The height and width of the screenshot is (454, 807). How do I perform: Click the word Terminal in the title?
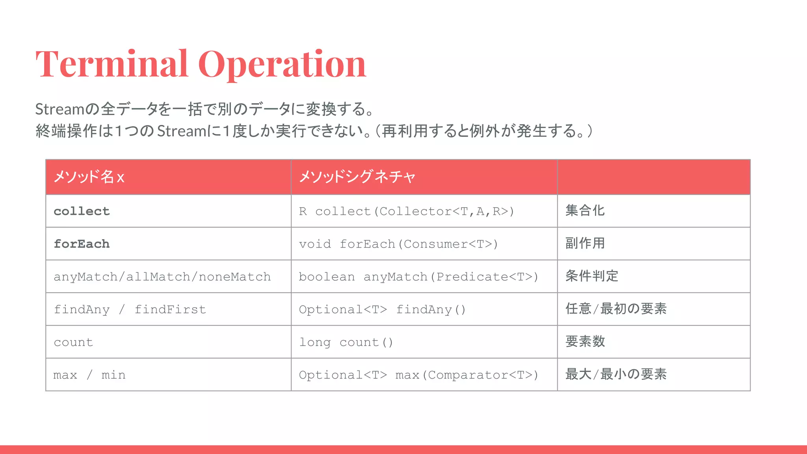point(112,64)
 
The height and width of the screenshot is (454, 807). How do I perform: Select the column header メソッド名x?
point(89,177)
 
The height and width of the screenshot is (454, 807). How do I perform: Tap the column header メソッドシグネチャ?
point(357,177)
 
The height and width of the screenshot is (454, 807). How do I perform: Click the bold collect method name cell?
point(82,211)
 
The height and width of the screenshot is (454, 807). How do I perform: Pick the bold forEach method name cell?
point(82,244)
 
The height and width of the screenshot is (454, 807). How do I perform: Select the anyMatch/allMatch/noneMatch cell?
point(162,277)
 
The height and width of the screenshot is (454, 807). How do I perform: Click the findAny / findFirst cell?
point(130,309)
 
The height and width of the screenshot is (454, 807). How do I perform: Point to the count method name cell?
point(73,342)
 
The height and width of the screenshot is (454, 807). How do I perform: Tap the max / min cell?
point(89,375)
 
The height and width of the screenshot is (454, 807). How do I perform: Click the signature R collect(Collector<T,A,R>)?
point(406,211)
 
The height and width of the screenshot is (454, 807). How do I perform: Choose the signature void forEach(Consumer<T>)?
point(398,244)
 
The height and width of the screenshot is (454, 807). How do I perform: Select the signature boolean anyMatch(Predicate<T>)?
point(418,277)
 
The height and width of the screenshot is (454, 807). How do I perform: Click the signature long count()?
point(346,342)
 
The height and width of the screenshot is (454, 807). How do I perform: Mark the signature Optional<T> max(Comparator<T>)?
point(418,375)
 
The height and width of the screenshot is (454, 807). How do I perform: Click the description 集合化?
point(585,210)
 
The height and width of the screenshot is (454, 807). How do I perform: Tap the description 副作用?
point(585,243)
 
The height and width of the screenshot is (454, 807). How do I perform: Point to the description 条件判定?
point(591,276)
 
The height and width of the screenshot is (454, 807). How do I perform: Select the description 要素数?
point(585,341)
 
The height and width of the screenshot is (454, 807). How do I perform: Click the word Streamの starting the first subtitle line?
point(67,109)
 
